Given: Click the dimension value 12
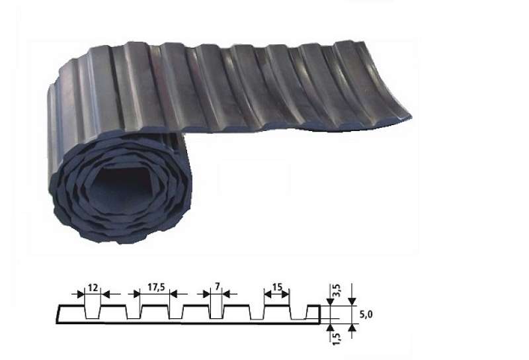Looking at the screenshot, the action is coord(93,288).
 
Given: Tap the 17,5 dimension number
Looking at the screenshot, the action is coord(156,287).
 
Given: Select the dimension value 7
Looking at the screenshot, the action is coord(218,287).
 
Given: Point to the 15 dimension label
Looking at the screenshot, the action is coord(277,287).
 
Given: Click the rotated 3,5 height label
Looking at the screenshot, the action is coord(337,291).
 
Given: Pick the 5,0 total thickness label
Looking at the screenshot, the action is coord(366,315).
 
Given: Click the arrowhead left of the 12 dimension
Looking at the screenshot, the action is coord(81,294).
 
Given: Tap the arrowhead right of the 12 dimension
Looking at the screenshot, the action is coord(106,294).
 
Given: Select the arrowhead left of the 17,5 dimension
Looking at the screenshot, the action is coord(137,294).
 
